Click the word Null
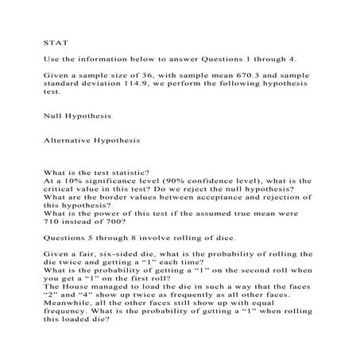click(x=52, y=115)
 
